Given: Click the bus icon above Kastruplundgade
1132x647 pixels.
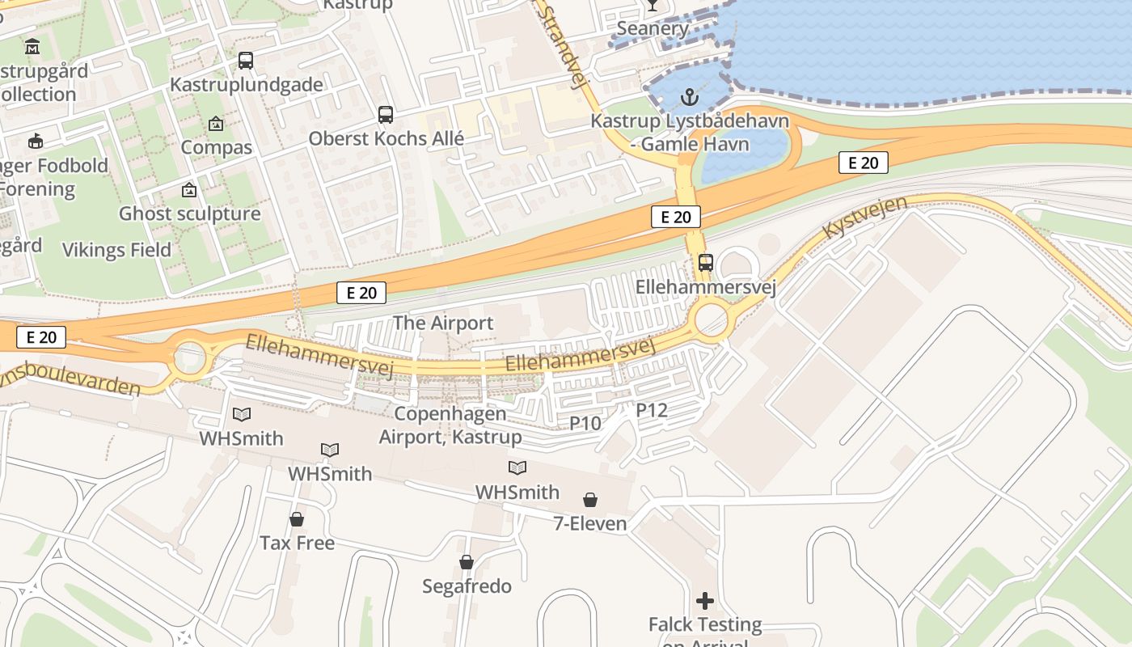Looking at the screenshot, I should [246, 61].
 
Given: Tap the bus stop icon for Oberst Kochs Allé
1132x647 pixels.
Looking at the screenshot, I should [386, 115].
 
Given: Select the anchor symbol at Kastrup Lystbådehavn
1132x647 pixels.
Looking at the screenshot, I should [689, 98].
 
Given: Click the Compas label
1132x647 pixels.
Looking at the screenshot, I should [216, 147].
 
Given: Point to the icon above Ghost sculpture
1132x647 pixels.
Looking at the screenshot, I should [189, 190].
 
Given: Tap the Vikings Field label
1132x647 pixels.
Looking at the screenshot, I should [116, 250].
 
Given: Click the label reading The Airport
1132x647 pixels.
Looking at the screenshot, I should [442, 323].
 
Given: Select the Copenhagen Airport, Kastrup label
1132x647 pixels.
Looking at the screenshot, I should [450, 425].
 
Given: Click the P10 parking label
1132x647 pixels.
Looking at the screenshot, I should [585, 423].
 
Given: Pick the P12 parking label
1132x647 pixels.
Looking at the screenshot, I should [652, 410].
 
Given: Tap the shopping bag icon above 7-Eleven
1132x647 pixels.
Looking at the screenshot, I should [590, 500].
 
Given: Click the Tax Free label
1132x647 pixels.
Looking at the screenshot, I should [297, 543].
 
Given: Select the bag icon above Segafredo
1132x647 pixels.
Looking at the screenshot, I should [467, 562].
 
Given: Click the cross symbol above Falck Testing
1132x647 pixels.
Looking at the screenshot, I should [705, 601].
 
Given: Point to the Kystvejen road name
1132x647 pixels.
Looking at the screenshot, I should [864, 216].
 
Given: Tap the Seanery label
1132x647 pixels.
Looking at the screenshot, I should [652, 29].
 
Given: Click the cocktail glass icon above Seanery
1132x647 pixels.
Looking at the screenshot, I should [652, 6].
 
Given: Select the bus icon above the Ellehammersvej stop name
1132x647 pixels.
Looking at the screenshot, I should [706, 263].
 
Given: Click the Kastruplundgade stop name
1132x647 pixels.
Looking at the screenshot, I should [247, 85].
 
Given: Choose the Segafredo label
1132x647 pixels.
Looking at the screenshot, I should [467, 586].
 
